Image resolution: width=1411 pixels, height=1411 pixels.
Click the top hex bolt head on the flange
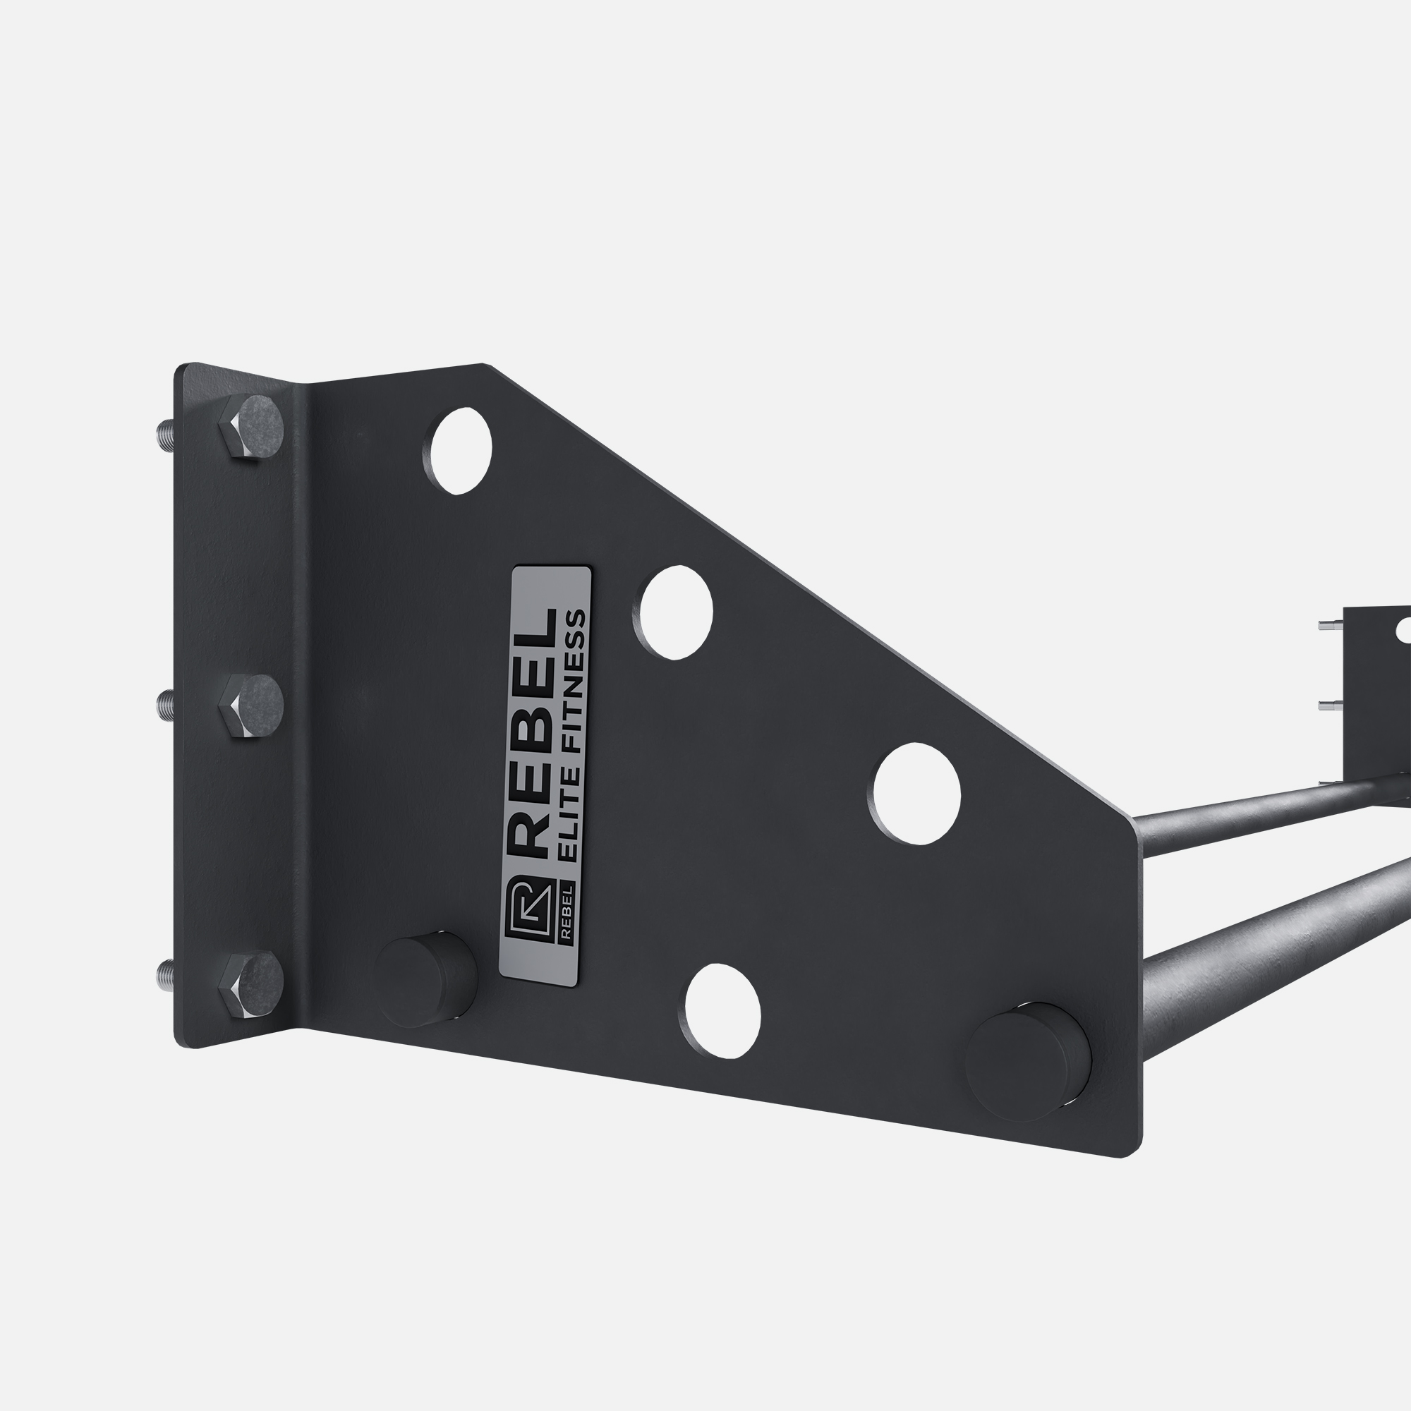251,429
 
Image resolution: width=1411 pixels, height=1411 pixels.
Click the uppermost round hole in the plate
461,451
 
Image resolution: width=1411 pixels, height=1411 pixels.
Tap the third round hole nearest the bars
914,793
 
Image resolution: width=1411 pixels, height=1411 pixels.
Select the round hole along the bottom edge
720,1012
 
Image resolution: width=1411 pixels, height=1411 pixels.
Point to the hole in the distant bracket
1403,629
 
